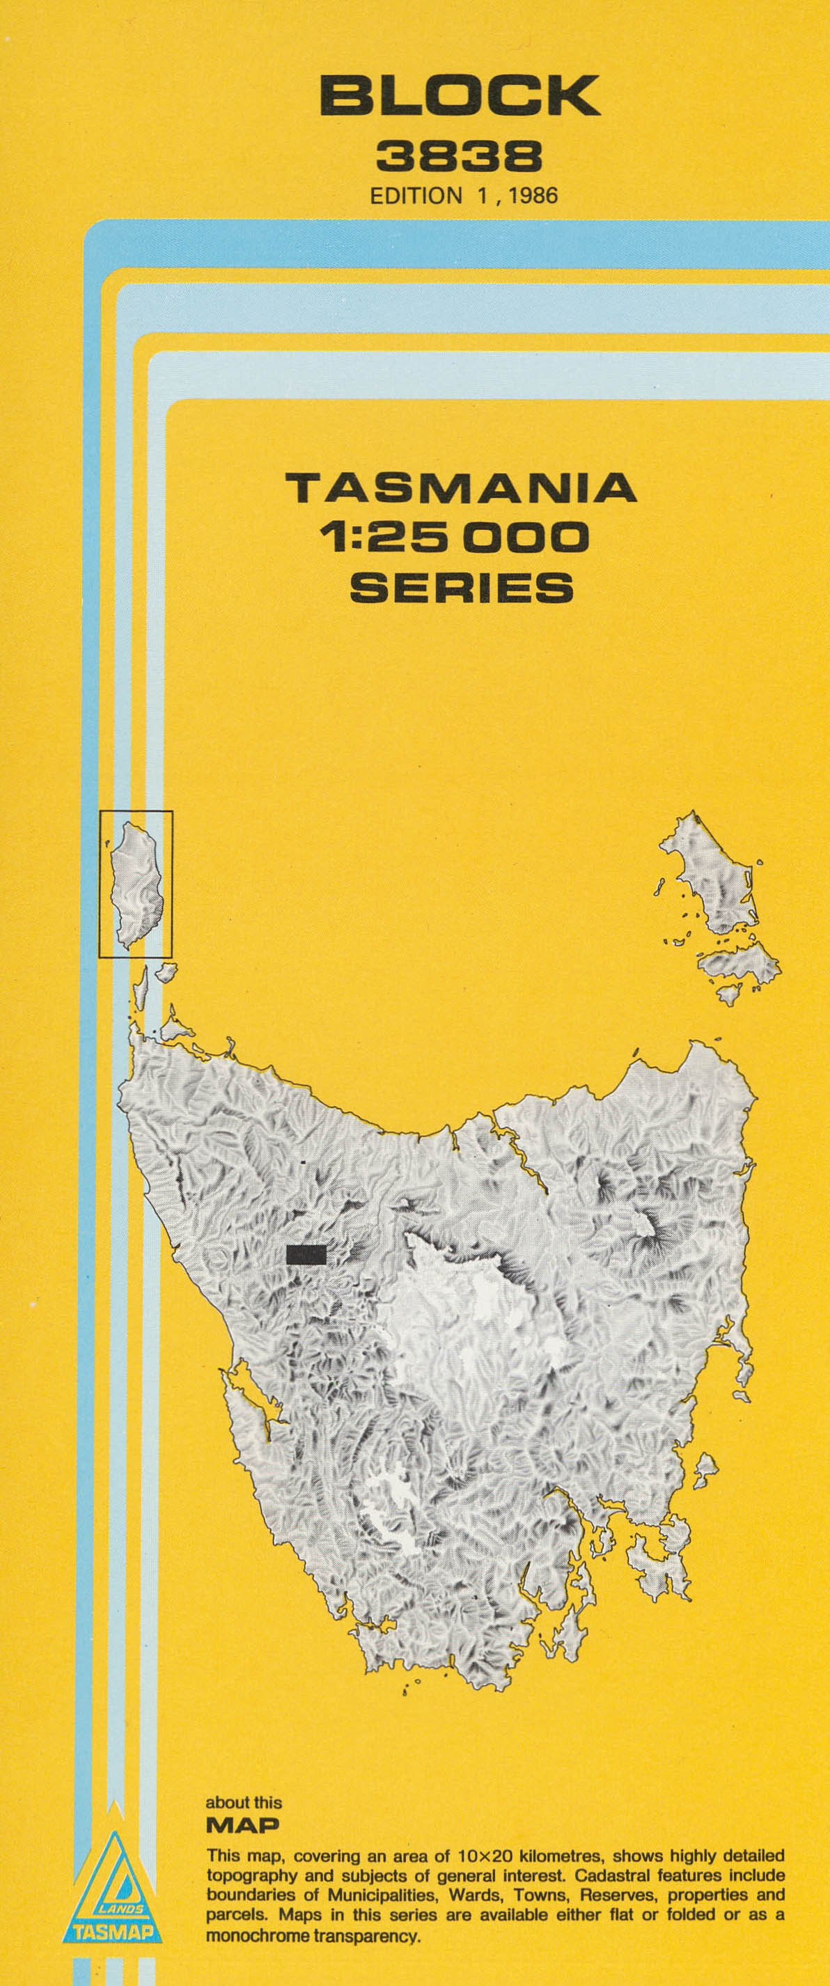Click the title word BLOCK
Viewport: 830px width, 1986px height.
460,95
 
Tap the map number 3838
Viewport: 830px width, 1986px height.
459,157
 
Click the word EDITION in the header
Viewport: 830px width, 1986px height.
416,195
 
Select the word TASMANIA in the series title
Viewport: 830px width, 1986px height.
461,488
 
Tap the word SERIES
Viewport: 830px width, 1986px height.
461,588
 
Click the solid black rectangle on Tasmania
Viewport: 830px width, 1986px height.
306,1254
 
